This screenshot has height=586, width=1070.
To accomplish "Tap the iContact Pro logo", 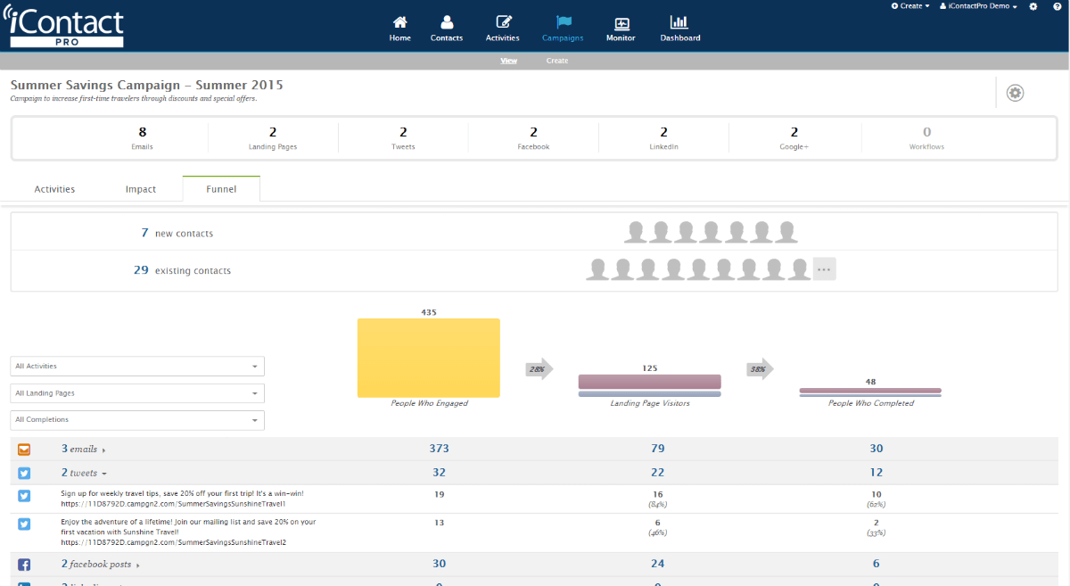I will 67,27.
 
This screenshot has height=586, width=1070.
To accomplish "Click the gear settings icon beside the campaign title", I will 1015,93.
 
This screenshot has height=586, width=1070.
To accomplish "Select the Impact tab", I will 141,189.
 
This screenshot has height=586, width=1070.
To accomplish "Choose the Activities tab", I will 54,189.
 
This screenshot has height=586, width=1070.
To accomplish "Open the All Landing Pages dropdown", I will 137,393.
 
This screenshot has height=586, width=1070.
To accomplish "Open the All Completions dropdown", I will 137,420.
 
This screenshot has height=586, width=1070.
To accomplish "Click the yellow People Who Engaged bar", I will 428,358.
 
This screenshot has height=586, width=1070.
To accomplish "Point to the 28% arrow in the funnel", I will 539,369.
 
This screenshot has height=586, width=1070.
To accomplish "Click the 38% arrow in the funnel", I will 760,369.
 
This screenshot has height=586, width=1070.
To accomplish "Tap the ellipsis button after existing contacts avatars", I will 824,269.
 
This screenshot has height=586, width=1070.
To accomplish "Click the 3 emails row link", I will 78,450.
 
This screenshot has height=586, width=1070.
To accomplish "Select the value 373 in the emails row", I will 439,449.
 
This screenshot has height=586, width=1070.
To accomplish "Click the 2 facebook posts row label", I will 96,565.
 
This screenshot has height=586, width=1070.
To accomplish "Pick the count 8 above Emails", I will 143,132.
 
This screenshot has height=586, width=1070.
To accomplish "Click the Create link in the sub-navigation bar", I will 557,61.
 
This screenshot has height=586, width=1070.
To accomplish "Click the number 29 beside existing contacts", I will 141,269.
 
